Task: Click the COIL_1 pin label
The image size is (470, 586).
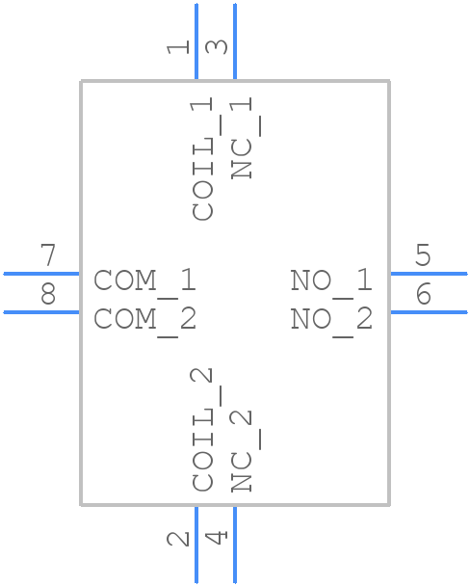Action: pyautogui.click(x=203, y=159)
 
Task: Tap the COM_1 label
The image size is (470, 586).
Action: pyautogui.click(x=144, y=280)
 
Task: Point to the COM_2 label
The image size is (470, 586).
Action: pyautogui.click(x=144, y=318)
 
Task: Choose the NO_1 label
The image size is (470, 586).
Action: pyautogui.click(x=330, y=280)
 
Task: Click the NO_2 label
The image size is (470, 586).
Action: pyautogui.click(x=330, y=318)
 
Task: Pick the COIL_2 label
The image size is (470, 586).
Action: pyautogui.click(x=203, y=430)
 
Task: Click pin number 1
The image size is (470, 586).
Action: pyautogui.click(x=177, y=45)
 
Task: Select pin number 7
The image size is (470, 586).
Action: pyautogui.click(x=47, y=256)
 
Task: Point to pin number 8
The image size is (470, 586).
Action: pyautogui.click(x=47, y=295)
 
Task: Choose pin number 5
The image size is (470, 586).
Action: pyautogui.click(x=422, y=256)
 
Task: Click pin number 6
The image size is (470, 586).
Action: pyautogui.click(x=422, y=295)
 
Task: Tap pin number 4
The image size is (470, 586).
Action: pyautogui.click(x=217, y=537)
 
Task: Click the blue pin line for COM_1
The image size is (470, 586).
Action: pyautogui.click(x=41, y=274)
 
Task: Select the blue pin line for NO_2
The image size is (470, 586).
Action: pyautogui.click(x=428, y=312)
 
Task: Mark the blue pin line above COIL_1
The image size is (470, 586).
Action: pyautogui.click(x=196, y=41)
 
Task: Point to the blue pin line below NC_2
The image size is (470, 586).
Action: pyautogui.click(x=235, y=545)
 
